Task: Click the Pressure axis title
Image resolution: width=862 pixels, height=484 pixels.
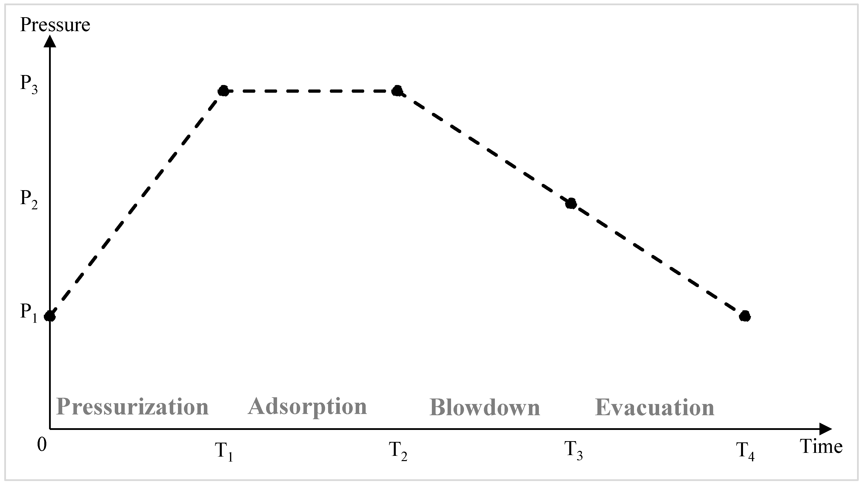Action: (55, 25)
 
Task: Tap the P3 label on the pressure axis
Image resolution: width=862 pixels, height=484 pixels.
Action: (29, 84)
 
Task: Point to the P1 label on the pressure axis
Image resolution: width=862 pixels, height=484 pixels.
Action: (29, 313)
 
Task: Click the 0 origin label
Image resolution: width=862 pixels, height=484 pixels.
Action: (42, 445)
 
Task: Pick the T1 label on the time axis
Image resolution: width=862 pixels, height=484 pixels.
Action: (224, 451)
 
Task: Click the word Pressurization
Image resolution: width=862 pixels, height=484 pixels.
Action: (132, 407)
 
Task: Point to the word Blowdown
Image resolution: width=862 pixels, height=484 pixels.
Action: (485, 407)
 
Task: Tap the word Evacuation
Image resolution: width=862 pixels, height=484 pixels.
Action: (655, 407)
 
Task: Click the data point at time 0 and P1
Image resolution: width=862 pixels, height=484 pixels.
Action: (50, 316)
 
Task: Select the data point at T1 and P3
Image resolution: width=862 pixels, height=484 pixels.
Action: (224, 91)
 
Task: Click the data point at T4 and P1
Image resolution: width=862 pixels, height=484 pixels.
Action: (745, 316)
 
